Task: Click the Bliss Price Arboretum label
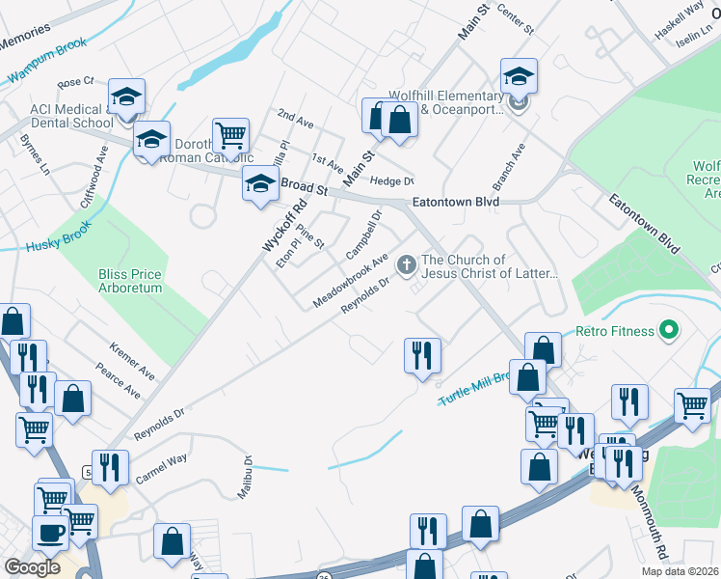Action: (130, 281)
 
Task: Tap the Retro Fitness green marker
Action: (666, 331)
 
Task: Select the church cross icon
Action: (407, 263)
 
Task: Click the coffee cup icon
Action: (50, 532)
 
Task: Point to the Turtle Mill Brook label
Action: (472, 388)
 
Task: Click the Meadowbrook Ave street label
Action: (350, 282)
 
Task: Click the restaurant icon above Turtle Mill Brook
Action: (422, 355)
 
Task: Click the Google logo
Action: (33, 567)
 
